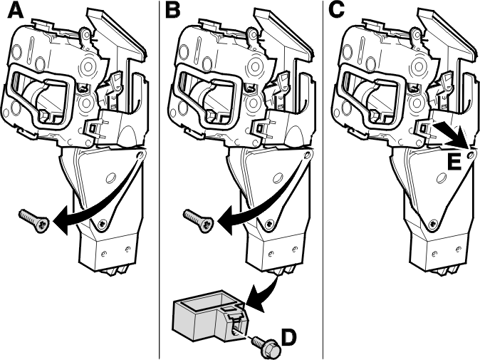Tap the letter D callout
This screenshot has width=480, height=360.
289,337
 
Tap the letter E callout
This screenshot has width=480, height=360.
454,161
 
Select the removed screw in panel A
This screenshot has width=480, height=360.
34,220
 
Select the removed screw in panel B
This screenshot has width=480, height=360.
198,220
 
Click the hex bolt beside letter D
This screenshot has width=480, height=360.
265,346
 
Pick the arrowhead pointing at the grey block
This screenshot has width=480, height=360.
255,300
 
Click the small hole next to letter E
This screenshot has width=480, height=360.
470,155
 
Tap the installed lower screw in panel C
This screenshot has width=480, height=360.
433,224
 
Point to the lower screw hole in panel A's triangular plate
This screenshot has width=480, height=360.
102,224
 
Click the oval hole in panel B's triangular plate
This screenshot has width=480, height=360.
277,178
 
